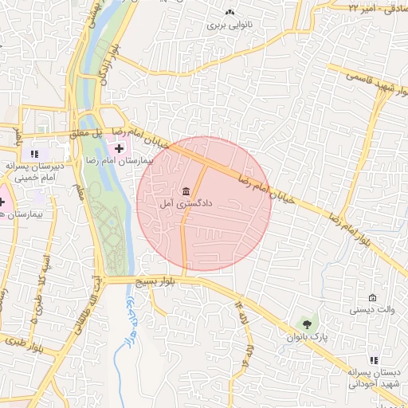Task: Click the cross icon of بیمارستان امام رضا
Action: coord(120,147)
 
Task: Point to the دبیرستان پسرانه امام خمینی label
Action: coord(37,171)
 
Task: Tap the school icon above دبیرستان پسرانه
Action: coord(34,153)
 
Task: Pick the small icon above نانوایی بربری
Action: coord(229,12)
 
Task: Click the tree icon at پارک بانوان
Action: coord(307,324)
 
